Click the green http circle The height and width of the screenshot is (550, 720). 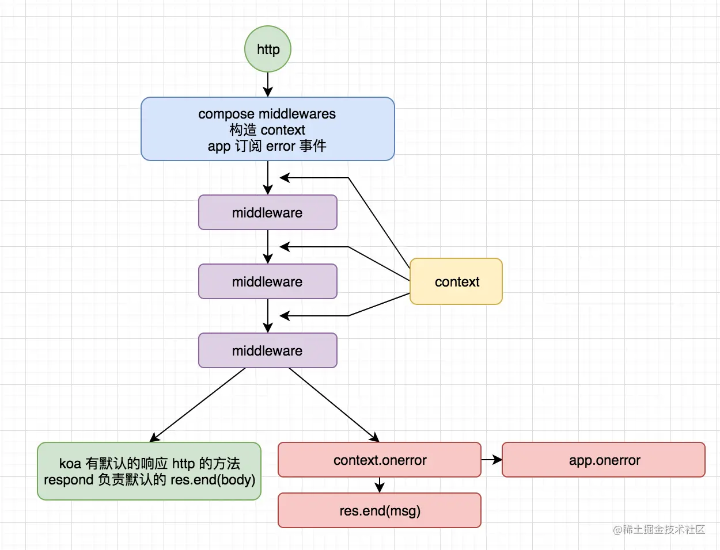(268, 49)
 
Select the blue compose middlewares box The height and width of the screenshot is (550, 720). (268, 129)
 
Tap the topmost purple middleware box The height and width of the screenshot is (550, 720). (268, 212)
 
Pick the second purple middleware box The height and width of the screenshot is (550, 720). (268, 281)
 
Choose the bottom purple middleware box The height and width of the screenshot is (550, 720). (268, 350)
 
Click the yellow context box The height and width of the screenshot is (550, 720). (456, 281)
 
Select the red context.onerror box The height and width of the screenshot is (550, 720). (380, 460)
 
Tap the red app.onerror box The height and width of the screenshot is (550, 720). (604, 460)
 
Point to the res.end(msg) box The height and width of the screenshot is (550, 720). (380, 510)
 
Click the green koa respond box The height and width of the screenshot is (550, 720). (149, 471)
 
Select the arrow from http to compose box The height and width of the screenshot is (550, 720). (268, 85)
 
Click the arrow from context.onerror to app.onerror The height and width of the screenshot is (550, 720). (491, 460)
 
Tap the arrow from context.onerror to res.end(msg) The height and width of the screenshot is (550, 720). (380, 485)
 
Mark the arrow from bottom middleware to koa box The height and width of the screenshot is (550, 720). (198, 405)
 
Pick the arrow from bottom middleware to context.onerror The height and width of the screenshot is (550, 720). (334, 405)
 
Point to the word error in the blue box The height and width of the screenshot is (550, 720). (281, 146)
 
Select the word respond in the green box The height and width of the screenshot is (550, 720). (69, 480)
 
